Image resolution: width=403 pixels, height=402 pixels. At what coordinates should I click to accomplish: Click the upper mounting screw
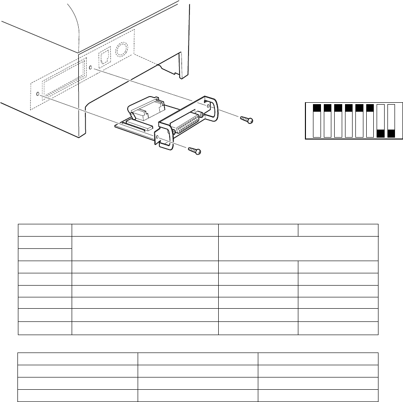247,121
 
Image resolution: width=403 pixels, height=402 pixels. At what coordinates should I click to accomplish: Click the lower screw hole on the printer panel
39,95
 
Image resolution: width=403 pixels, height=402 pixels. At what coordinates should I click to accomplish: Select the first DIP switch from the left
317,121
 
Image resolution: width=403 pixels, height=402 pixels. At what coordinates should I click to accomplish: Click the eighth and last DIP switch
391,121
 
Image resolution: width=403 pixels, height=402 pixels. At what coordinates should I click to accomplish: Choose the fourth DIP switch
349,121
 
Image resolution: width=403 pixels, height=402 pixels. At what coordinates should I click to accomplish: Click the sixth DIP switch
370,121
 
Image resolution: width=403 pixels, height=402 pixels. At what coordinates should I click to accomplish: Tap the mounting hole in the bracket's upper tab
206,100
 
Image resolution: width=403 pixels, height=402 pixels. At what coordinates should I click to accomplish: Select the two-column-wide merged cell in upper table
298,248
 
